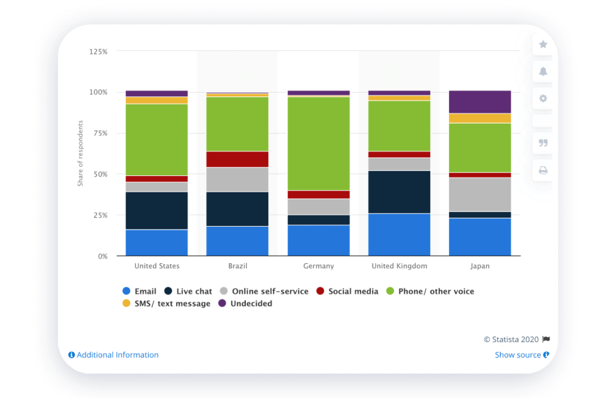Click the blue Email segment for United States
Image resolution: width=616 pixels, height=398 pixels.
click(x=156, y=243)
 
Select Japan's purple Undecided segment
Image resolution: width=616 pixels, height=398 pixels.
click(x=480, y=102)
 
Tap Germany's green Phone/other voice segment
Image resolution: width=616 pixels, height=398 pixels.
click(x=318, y=143)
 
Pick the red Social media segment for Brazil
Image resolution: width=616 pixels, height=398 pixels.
click(x=237, y=159)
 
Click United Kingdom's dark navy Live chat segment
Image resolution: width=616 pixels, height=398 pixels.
click(x=399, y=192)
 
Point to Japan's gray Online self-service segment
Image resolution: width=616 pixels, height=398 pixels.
click(x=480, y=195)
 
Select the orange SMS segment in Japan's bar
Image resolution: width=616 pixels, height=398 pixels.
click(x=480, y=118)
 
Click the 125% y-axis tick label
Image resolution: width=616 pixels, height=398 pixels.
click(x=98, y=51)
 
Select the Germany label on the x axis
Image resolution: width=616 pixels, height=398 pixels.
click(x=318, y=266)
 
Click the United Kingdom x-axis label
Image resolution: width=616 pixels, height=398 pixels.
click(x=399, y=266)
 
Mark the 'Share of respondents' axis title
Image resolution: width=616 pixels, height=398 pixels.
click(x=80, y=153)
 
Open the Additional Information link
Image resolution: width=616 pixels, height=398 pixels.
click(x=114, y=355)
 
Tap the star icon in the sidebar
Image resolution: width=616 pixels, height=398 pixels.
click(x=543, y=45)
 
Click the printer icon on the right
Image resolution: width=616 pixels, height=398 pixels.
click(x=543, y=170)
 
